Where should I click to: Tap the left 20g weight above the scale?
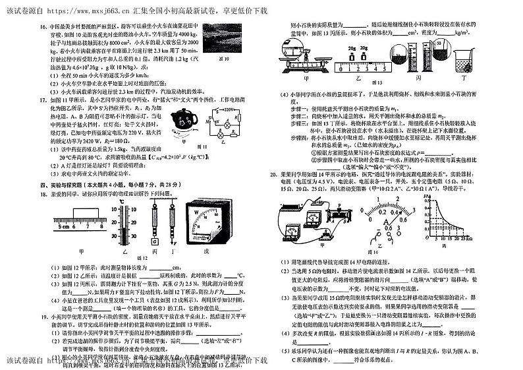pyautogui.click(x=353, y=48)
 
